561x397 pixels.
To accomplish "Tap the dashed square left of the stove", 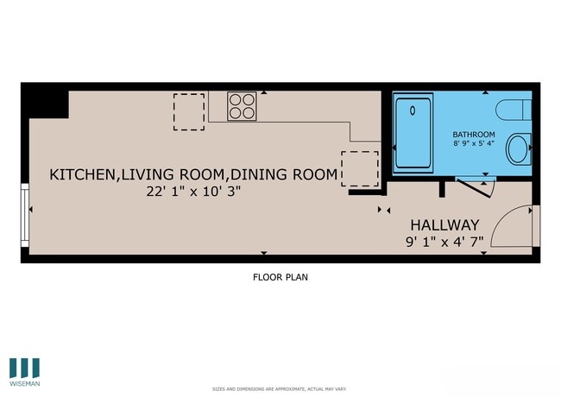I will tap(189, 112).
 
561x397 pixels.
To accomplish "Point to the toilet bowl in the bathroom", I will tap(519, 148).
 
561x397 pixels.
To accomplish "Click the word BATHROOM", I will tap(474, 135).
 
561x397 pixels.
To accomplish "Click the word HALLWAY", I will tap(443, 223).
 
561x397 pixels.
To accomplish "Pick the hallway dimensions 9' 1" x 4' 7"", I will tap(443, 242).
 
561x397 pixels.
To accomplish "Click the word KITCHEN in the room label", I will tap(83, 174).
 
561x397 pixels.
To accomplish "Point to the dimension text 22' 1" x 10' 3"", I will tap(192, 192).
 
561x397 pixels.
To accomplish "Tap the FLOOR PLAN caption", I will tap(280, 278).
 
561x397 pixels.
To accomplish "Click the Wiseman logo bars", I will tap(25, 365).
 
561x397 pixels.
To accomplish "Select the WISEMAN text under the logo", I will tap(25, 382).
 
